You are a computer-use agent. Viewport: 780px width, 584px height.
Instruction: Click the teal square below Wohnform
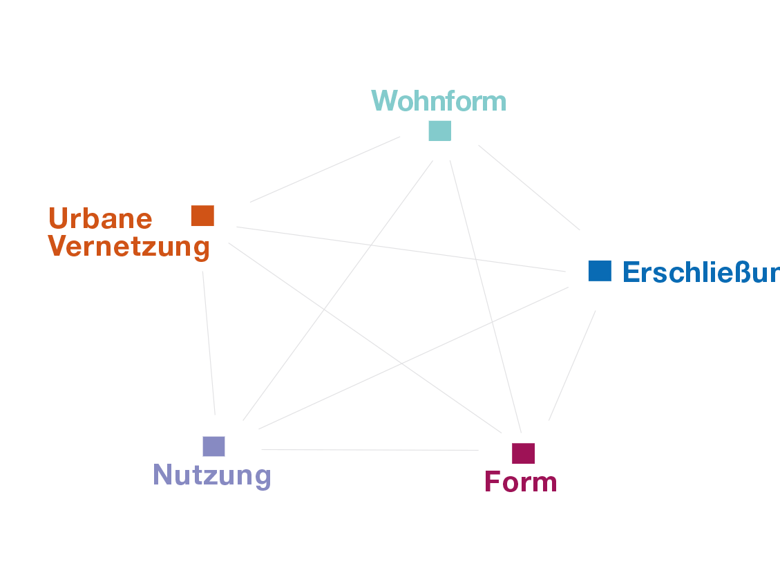(439, 130)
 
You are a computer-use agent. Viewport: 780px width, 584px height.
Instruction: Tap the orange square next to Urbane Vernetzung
(202, 216)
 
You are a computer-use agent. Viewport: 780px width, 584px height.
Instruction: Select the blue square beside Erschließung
(600, 270)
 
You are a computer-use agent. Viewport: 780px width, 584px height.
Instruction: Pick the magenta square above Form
(523, 453)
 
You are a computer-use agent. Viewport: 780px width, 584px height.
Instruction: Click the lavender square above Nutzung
(213, 446)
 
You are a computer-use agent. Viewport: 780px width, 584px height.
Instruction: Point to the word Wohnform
(439, 101)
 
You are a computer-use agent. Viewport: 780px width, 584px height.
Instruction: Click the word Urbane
(101, 219)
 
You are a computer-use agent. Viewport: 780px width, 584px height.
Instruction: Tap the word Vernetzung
(129, 247)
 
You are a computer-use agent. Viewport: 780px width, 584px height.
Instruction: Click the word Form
(521, 482)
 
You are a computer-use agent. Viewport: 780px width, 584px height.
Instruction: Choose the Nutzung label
(211, 475)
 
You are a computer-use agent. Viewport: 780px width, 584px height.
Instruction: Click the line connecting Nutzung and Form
(370, 450)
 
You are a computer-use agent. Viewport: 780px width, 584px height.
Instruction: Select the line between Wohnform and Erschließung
(529, 187)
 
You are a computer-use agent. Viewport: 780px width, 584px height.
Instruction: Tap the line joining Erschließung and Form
(572, 366)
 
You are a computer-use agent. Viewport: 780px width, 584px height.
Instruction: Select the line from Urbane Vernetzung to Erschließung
(401, 249)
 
